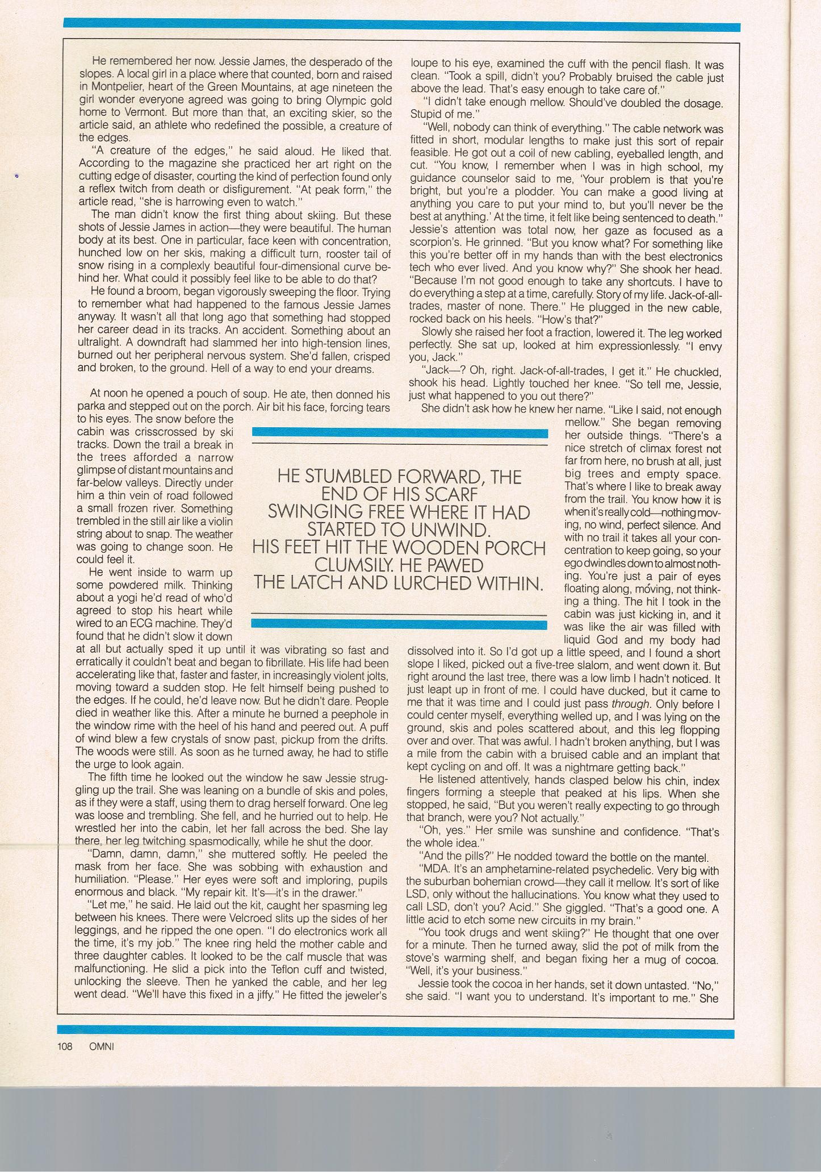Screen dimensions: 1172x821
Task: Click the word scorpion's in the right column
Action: click(436, 244)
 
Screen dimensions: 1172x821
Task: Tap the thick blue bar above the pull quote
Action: click(400, 433)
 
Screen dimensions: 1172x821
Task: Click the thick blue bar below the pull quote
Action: click(400, 624)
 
